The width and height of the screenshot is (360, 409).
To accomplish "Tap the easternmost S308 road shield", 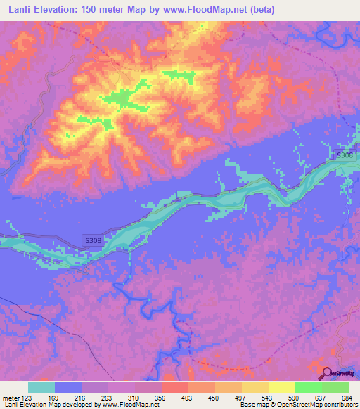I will pyautogui.click(x=344, y=155).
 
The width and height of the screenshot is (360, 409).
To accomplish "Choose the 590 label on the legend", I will pyautogui.click(x=295, y=397).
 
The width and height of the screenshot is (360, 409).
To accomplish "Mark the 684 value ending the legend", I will pyautogui.click(x=347, y=397).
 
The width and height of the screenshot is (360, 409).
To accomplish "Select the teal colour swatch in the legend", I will pyautogui.click(x=41, y=387).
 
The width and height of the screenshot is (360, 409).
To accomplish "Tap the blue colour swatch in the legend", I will pyautogui.click(x=68, y=387).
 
